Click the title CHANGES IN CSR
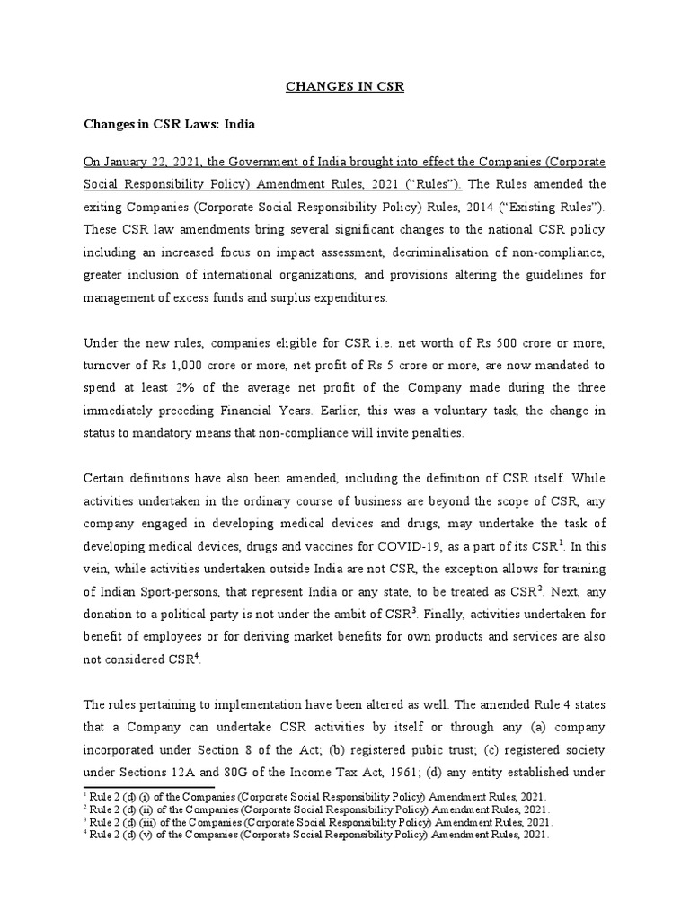(x=344, y=87)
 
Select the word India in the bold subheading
(x=238, y=125)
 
